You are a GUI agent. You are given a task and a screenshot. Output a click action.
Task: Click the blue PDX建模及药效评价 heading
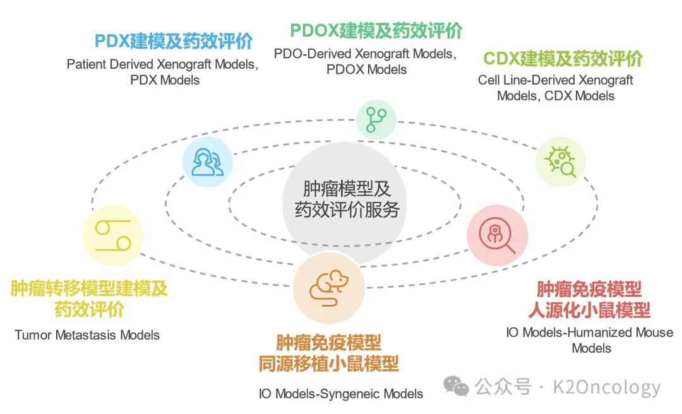[174, 41]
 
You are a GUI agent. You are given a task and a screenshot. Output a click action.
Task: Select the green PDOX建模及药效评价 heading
[376, 30]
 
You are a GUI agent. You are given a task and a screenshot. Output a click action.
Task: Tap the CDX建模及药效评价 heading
[563, 59]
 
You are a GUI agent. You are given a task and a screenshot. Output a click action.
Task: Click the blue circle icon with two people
[208, 162]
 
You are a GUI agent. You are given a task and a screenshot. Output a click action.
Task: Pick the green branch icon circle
[376, 119]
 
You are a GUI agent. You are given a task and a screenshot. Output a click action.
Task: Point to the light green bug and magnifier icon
[560, 162]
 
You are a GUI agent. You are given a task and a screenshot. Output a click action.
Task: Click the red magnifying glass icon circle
[497, 235]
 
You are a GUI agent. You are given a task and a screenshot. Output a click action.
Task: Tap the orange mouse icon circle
[329, 287]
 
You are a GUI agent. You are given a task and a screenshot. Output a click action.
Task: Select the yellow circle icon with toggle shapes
[113, 235]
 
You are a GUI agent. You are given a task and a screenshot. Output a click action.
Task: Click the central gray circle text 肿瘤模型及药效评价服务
[347, 199]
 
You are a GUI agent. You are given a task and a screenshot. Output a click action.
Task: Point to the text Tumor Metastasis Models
[87, 335]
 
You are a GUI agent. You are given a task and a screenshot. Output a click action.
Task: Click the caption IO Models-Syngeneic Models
[341, 394]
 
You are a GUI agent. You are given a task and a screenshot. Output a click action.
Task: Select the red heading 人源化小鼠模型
[589, 310]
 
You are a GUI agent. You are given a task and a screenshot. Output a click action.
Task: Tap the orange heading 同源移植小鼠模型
[329, 364]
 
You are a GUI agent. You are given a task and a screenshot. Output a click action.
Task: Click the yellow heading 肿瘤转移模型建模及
[89, 288]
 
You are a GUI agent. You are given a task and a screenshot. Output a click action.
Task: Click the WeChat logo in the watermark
[456, 386]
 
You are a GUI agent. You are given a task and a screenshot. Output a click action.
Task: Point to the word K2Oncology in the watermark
[607, 387]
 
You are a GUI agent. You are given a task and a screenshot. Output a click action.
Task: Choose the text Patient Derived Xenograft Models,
[162, 64]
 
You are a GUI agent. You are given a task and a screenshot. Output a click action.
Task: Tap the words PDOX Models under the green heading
[367, 69]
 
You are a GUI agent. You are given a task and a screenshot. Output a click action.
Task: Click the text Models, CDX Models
[556, 96]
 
